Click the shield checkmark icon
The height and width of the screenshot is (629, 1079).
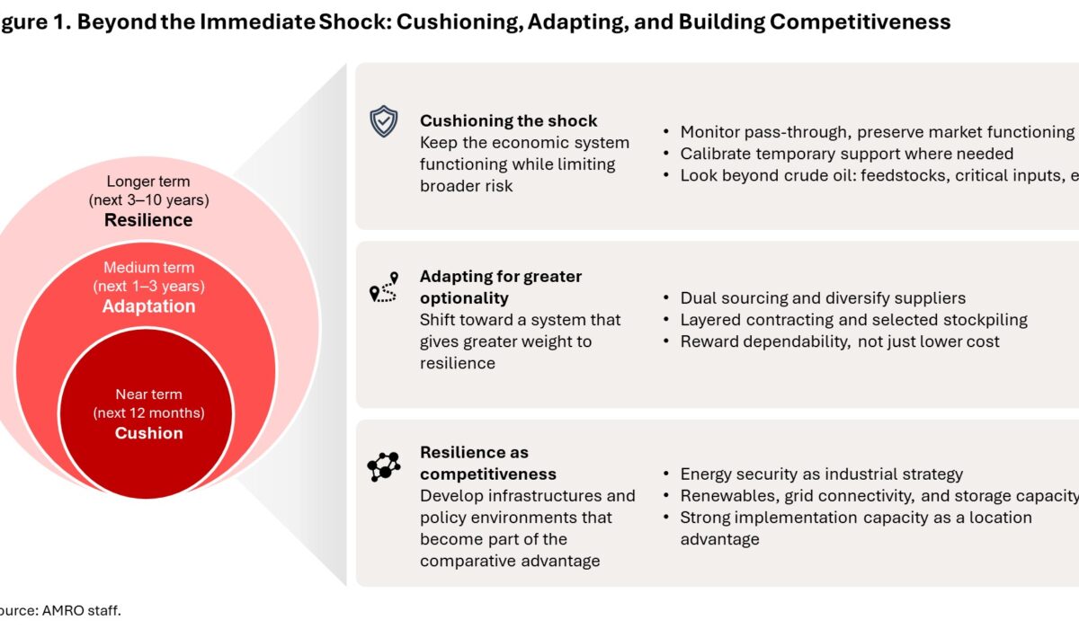[x=384, y=121]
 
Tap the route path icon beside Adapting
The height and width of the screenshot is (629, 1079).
[x=384, y=287]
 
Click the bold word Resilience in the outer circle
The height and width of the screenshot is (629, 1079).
[x=149, y=220]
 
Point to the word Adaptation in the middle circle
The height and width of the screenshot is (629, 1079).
[x=149, y=306]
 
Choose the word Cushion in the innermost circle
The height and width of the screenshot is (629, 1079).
[x=149, y=433]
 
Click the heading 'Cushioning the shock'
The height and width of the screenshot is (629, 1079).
[x=508, y=121]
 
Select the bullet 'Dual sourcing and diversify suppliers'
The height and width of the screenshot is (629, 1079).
[x=822, y=298]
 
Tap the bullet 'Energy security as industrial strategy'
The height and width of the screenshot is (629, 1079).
[x=821, y=474]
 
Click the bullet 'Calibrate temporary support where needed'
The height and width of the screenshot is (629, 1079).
[x=846, y=154]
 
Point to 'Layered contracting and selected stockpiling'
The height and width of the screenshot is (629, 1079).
[x=853, y=320]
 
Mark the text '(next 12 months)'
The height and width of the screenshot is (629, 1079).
[x=149, y=413]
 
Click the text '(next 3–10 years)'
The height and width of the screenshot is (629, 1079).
[x=149, y=199]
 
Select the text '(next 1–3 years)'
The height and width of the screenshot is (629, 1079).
[x=149, y=287]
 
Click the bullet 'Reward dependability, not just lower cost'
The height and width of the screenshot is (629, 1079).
[x=840, y=341]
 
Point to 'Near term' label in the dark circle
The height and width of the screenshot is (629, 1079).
[x=149, y=394]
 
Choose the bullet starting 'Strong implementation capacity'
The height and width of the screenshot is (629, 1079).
[x=855, y=518]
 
